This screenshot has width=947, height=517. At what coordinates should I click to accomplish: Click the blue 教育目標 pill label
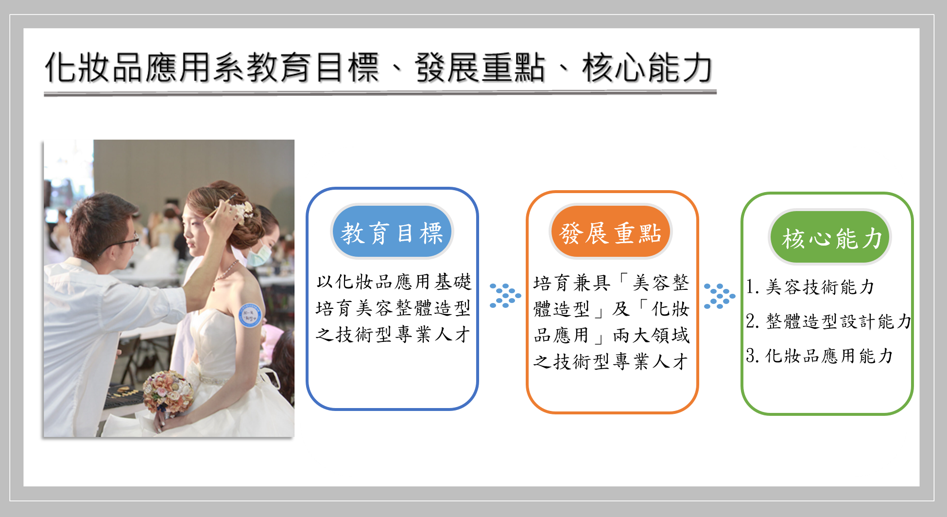point(392,232)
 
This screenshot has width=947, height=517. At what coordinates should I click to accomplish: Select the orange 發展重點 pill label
point(610,232)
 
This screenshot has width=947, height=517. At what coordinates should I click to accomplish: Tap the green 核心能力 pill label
point(830,237)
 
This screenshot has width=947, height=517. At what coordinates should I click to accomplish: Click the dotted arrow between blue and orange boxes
point(505,295)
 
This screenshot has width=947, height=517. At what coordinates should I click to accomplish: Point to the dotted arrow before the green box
point(720,296)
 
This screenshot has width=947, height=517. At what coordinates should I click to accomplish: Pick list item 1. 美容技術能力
point(810,287)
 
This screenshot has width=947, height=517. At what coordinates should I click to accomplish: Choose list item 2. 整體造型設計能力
point(828,321)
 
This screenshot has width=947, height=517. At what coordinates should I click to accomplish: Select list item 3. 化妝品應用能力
point(819,356)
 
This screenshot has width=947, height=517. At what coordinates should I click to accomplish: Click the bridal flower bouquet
point(168,392)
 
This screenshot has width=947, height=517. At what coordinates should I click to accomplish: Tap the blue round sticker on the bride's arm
point(250,315)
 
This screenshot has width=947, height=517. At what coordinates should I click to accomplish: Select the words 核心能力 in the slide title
point(647,68)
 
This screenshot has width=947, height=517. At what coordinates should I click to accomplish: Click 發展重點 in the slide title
point(480,68)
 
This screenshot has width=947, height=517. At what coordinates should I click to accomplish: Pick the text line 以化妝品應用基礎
point(394,282)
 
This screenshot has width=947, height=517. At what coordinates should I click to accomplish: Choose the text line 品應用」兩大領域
point(611,335)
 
